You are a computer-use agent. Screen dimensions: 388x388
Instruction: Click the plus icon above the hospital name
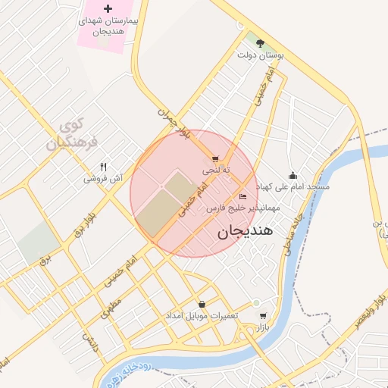[107, 8]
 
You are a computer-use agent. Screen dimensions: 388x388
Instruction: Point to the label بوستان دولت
[260, 56]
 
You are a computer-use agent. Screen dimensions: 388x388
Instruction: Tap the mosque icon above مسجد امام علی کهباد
[293, 176]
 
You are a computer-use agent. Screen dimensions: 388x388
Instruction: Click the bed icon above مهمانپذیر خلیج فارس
[242, 197]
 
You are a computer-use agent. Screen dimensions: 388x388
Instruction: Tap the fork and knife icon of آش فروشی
[104, 167]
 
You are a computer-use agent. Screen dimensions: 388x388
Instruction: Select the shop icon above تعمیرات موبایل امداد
[202, 304]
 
